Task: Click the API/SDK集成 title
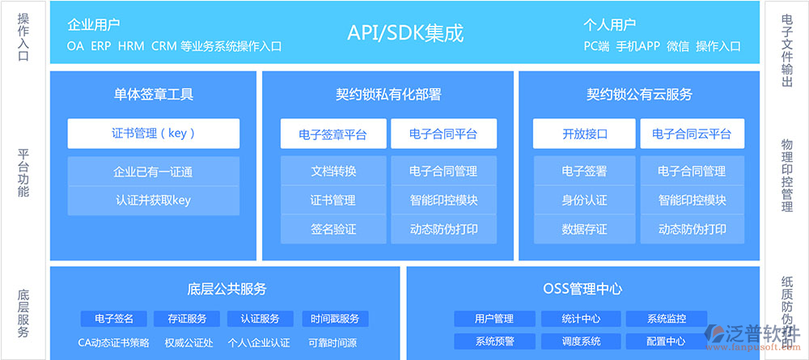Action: pos(405,33)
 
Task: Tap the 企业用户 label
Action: pos(93,24)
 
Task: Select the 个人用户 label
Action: pos(609,24)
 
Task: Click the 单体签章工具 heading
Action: pos(153,95)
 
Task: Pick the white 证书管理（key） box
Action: pos(153,133)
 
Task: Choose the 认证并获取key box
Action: pos(153,201)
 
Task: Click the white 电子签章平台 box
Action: pos(333,134)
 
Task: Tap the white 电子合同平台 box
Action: pos(443,134)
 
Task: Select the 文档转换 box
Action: pos(333,171)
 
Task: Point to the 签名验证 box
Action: pos(333,229)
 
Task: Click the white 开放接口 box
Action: pos(585,134)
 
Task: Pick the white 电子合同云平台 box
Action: pos(692,134)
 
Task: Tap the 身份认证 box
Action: pos(585,200)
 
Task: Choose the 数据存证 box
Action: pos(585,229)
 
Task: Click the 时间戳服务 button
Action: pos(336,319)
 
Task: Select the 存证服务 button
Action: pos(187,319)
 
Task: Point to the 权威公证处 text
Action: pos(188,342)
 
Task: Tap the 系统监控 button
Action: pos(667,319)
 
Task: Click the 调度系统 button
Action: pos(581,341)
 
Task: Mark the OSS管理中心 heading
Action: pos(582,288)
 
